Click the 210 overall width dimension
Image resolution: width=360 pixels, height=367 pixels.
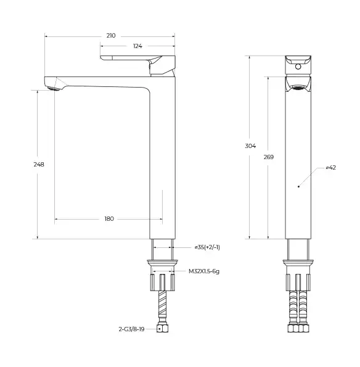pyautogui.click(x=110, y=36)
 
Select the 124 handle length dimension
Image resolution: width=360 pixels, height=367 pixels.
pyautogui.click(x=137, y=47)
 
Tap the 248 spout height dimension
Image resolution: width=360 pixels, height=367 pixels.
pyautogui.click(x=39, y=164)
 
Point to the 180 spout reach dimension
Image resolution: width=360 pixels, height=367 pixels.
pyautogui.click(x=108, y=219)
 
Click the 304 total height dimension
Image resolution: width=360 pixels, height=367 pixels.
pyautogui.click(x=250, y=146)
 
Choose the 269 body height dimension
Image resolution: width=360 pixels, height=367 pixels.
pyautogui.click(x=268, y=157)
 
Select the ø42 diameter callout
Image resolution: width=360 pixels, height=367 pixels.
pyautogui.click(x=330, y=168)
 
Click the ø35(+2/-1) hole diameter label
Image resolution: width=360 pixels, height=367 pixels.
pyautogui.click(x=207, y=247)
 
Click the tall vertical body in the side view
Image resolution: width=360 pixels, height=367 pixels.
pyautogui.click(x=163, y=160)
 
